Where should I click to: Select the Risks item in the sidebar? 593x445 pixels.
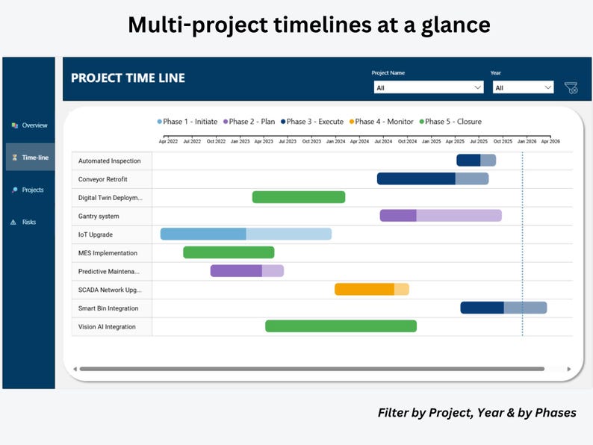(28, 222)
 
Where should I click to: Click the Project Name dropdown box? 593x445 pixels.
(428, 87)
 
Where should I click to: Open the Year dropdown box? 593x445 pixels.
(522, 87)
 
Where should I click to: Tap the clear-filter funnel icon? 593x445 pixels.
(571, 88)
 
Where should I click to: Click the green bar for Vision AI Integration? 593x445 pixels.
(341, 326)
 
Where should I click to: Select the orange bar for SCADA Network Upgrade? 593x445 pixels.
(364, 290)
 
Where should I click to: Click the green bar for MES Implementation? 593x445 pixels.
(229, 252)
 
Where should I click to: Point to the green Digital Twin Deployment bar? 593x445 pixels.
(298, 197)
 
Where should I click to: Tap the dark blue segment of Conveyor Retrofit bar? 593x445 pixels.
(416, 178)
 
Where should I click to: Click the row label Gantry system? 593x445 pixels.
(99, 217)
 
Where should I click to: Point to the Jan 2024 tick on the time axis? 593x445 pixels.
(335, 140)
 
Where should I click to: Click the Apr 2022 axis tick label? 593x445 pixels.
(168, 140)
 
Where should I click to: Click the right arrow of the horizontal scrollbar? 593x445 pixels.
(568, 369)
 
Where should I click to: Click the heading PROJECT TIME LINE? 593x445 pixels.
(128, 78)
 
